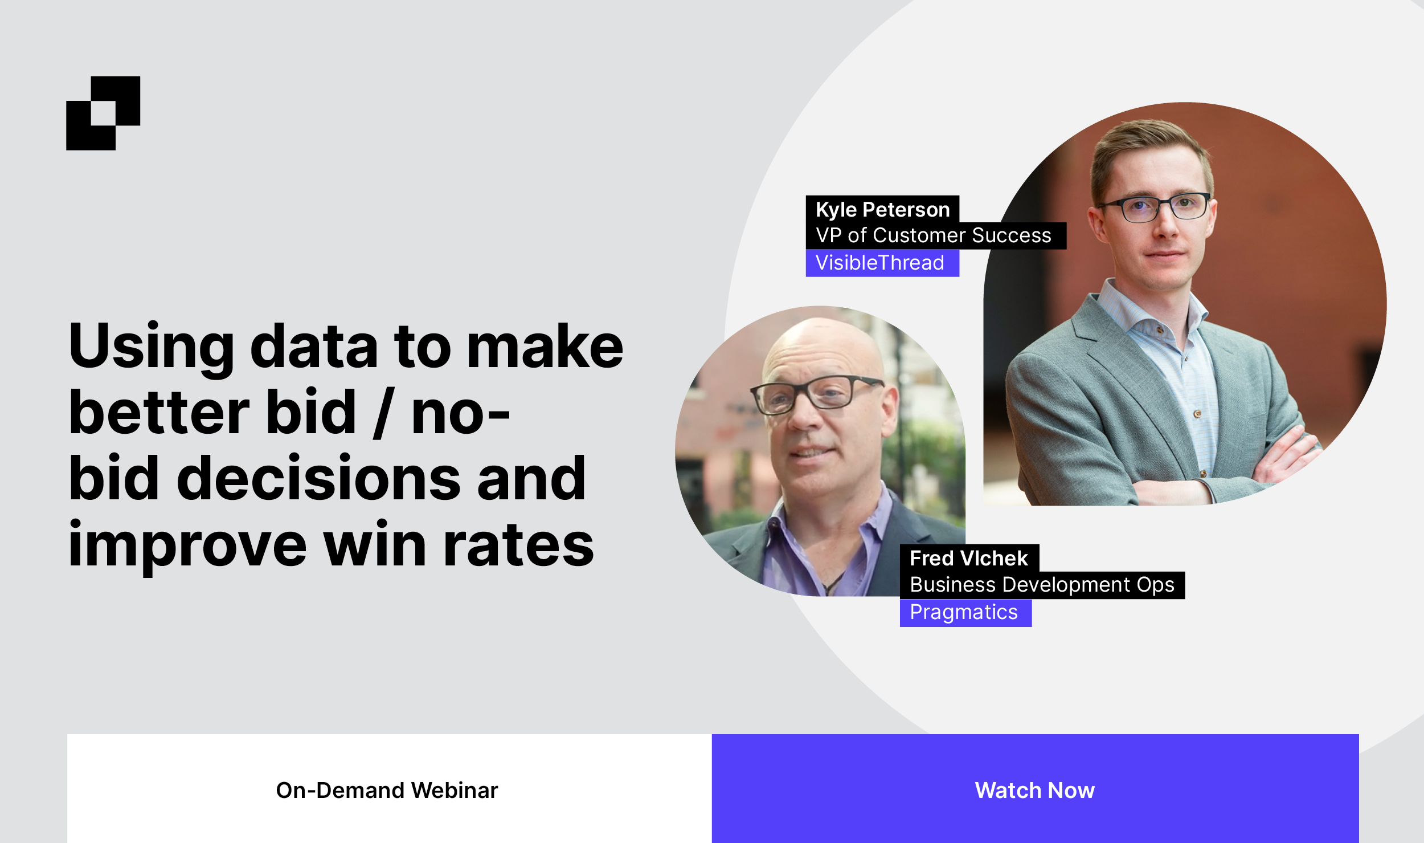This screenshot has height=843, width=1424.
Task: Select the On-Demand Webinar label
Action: tap(387, 790)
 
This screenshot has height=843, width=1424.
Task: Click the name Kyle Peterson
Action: tap(882, 209)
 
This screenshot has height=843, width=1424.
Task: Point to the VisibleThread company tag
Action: tap(882, 263)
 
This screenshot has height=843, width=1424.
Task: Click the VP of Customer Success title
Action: tap(934, 235)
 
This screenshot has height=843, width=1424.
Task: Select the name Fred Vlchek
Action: tap(969, 558)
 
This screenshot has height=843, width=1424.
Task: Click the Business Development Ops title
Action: tap(1042, 585)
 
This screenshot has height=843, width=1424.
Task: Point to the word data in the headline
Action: tap(314, 347)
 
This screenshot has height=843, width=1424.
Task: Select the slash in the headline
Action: tap(383, 413)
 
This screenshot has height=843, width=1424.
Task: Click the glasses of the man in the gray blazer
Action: tap(1154, 206)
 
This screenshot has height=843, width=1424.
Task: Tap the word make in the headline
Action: tap(545, 347)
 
